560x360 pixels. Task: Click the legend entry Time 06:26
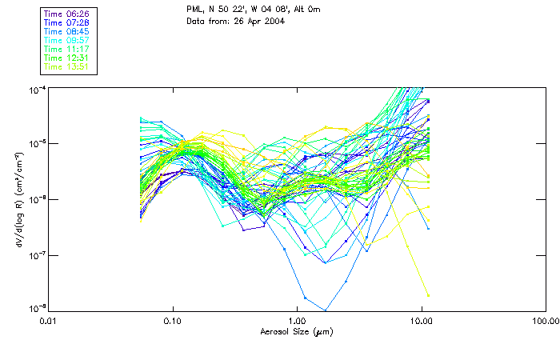67,14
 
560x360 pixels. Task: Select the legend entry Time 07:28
67,22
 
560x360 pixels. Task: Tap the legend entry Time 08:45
67,31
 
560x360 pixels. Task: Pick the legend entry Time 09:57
67,40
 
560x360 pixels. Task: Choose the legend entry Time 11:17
67,49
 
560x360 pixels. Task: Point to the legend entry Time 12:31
67,58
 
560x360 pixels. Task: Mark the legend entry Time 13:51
67,66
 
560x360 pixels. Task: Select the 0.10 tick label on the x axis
172,321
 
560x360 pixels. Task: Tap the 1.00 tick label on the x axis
297,321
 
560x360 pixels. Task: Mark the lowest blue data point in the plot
325,310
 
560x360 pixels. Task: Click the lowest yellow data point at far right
428,295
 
